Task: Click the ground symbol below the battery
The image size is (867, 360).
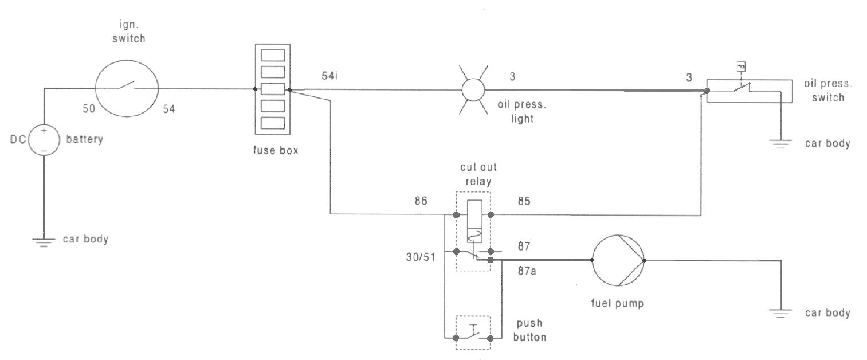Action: pyautogui.click(x=44, y=242)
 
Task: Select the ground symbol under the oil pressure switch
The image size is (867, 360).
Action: pyautogui.click(x=780, y=144)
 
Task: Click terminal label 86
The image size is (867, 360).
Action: pyautogui.click(x=421, y=201)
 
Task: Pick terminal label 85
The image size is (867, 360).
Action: pyautogui.click(x=524, y=201)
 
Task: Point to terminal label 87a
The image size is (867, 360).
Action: pyautogui.click(x=527, y=271)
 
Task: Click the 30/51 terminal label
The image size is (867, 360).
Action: pyautogui.click(x=421, y=257)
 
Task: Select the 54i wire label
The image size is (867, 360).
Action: pyautogui.click(x=329, y=76)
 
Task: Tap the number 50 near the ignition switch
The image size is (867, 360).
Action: pyautogui.click(x=89, y=109)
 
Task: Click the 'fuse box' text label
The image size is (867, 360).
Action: pyautogui.click(x=276, y=150)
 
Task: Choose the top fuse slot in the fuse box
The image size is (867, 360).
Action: pyautogui.click(x=273, y=55)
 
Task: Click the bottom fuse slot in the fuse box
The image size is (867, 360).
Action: pyautogui.click(x=273, y=123)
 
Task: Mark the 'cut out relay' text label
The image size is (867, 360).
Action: pyautogui.click(x=478, y=174)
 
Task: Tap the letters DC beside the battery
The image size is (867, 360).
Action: pyautogui.click(x=18, y=139)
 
